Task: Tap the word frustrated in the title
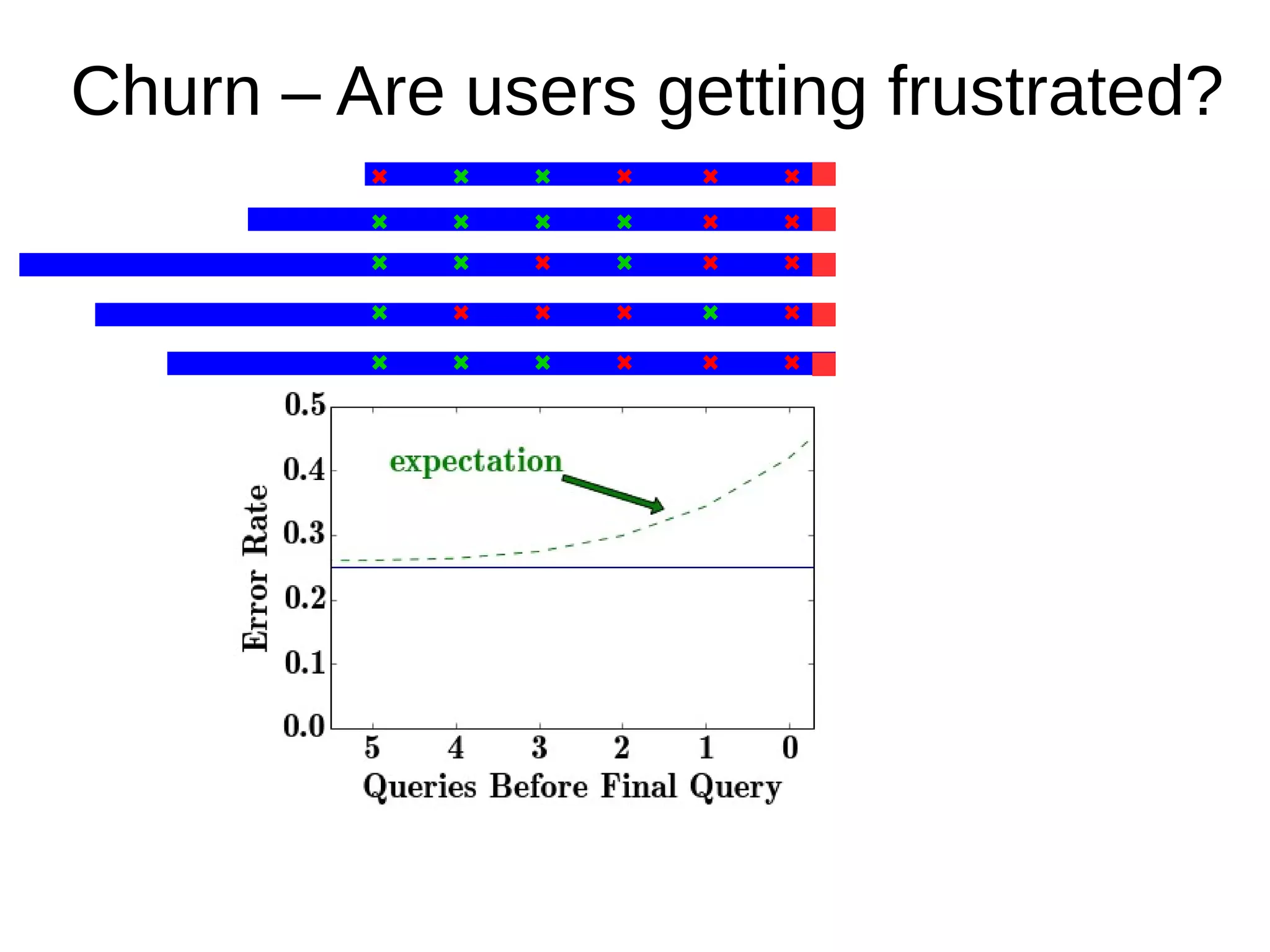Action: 1054,93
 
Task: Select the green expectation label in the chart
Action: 476,462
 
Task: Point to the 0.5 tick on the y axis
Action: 304,406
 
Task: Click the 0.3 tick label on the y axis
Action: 304,534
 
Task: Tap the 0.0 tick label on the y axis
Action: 304,726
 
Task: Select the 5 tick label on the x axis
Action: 372,748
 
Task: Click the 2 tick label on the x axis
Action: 622,748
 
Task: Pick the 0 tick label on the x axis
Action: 789,748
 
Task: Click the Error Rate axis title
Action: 255,568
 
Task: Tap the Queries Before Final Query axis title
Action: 572,788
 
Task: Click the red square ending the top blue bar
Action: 824,174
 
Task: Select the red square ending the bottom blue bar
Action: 824,364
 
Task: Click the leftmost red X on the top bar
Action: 380,177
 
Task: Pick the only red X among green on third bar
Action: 543,263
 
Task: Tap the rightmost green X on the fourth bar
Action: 711,313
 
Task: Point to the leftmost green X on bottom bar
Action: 380,363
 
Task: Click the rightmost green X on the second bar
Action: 624,222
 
